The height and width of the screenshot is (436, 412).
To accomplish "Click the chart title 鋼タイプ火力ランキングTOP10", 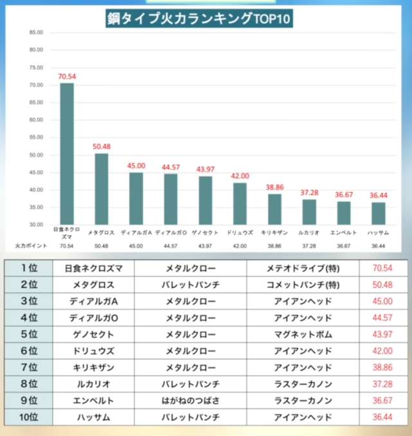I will (199, 19).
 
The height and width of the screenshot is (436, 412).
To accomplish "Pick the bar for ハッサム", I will (378, 213).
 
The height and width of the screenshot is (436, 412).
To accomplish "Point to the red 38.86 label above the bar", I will (275, 187).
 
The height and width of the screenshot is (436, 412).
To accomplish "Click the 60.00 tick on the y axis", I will (35, 120).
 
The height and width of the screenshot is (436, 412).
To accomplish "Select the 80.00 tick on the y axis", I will (35, 50).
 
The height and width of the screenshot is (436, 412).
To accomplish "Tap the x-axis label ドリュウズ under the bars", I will (240, 232).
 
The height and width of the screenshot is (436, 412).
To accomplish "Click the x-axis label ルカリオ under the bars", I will (309, 232).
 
